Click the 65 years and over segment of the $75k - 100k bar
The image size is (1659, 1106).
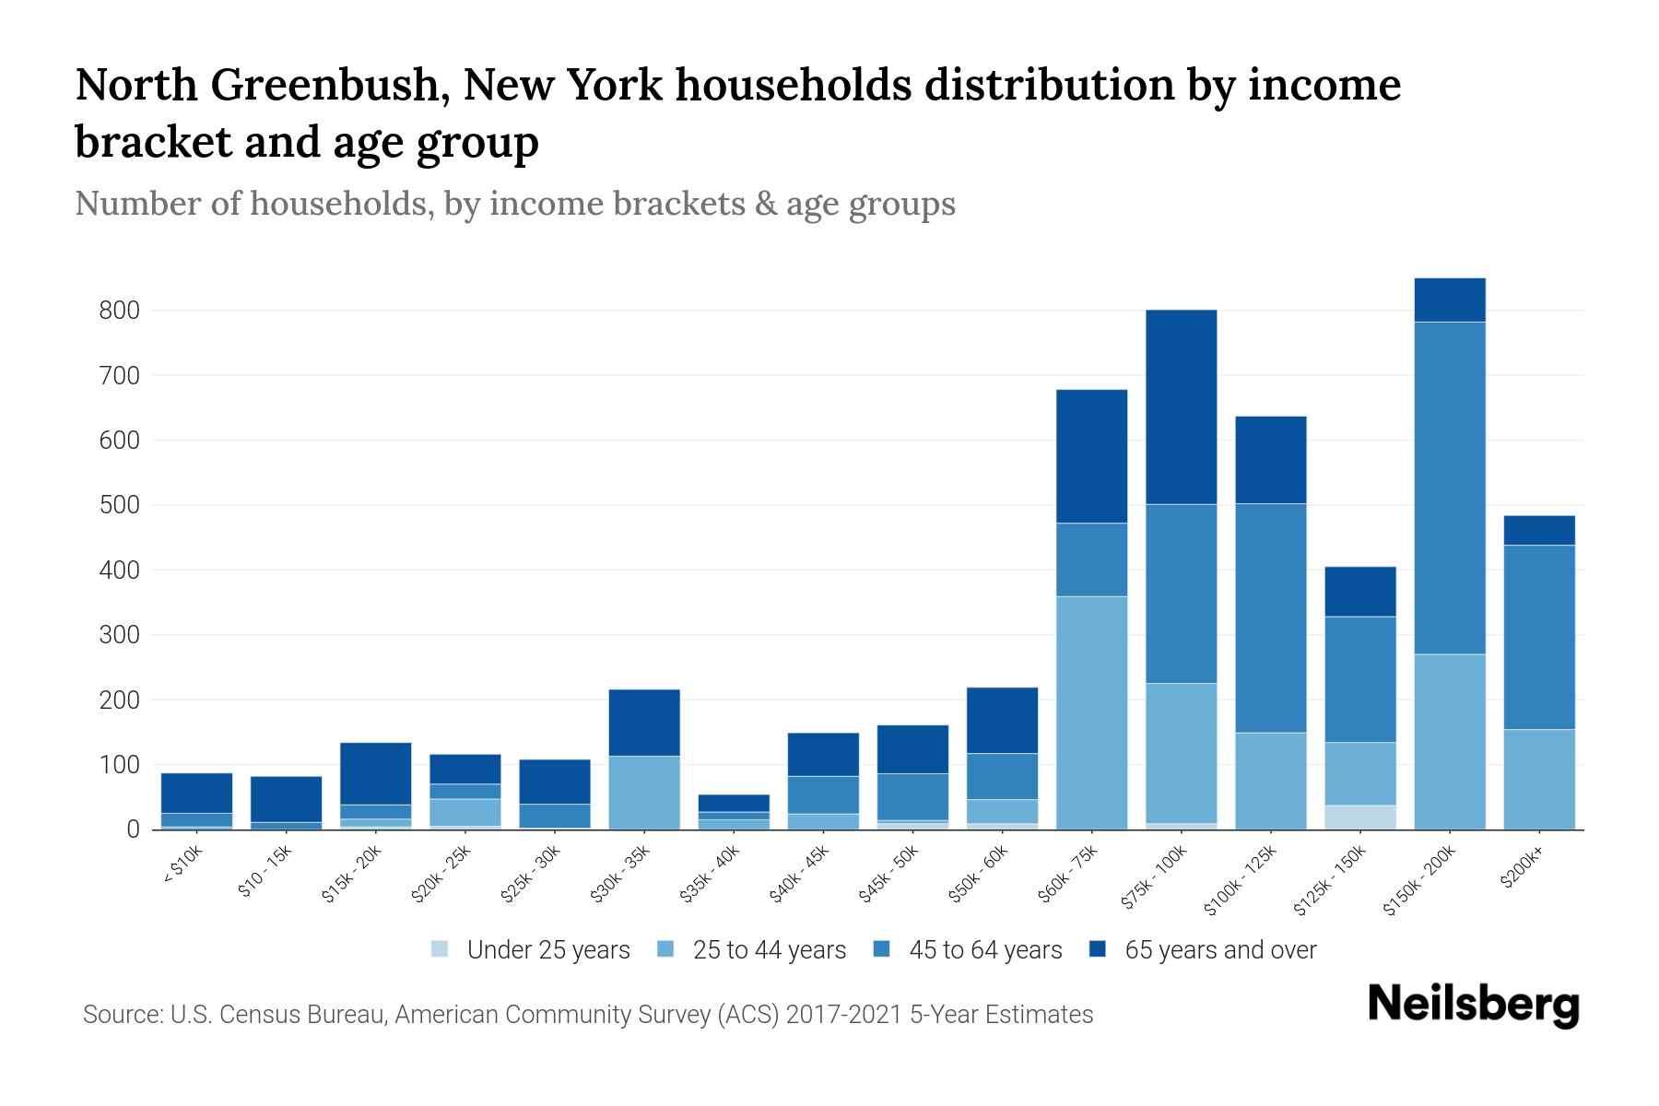(1181, 406)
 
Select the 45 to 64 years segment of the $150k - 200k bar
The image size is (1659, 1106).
(1449, 488)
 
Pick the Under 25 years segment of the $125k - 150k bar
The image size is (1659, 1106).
(1359, 817)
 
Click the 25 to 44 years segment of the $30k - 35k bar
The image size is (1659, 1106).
(643, 792)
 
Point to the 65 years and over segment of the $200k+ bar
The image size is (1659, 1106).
(1538, 530)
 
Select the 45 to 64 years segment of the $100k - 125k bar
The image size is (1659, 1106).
(1270, 618)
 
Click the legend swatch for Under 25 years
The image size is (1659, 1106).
(441, 948)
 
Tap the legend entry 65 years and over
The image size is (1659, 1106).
(1219, 949)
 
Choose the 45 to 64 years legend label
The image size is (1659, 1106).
(984, 949)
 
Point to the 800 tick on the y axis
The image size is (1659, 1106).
(119, 311)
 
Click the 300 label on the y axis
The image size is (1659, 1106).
(119, 635)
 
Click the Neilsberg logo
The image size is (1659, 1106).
(1473, 1005)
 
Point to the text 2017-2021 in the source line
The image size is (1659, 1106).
(843, 1015)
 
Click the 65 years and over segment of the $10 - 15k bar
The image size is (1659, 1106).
(286, 798)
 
